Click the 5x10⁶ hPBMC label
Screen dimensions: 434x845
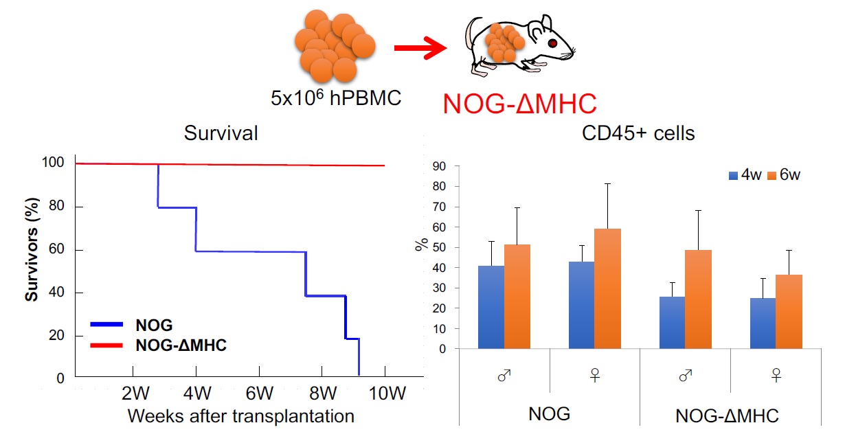(x=336, y=98)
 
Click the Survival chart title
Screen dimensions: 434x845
(x=221, y=133)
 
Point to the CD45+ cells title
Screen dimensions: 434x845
(x=638, y=133)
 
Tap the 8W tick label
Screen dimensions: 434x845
(x=322, y=395)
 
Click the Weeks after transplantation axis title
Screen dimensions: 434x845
(x=240, y=415)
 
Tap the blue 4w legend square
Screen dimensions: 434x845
(x=734, y=175)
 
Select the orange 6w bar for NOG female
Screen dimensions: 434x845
(x=607, y=288)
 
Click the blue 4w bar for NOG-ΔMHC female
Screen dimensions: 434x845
(x=763, y=323)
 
